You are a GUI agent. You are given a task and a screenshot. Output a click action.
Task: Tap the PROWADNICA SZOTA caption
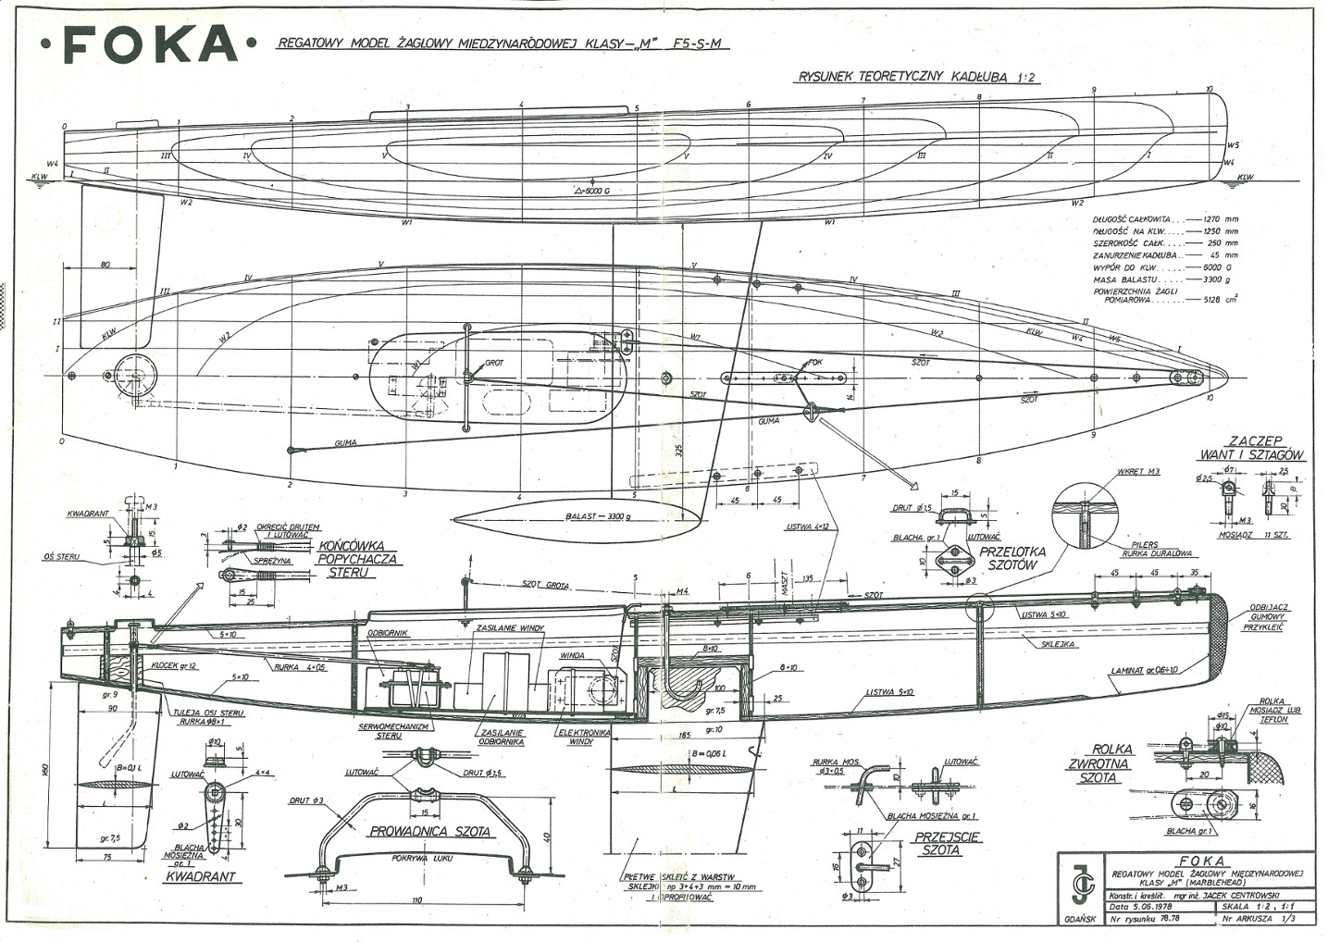(429, 831)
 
